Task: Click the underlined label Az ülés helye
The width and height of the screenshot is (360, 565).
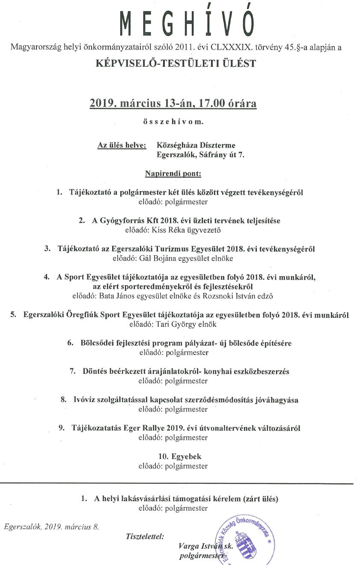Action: click(x=122, y=145)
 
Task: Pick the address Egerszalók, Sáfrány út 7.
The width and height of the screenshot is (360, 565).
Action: click(x=201, y=155)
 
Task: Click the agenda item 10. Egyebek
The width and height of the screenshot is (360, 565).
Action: click(x=173, y=457)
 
